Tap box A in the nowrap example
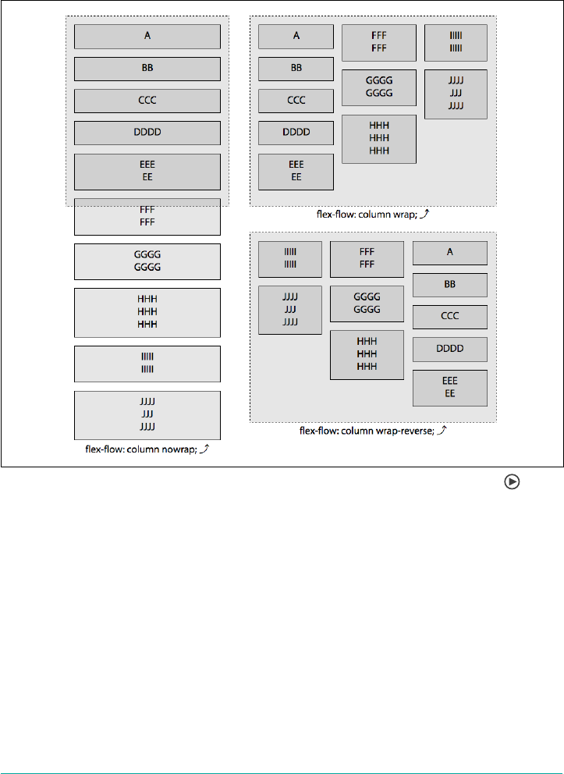coord(147,36)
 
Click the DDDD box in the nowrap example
coord(147,133)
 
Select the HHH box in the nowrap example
coord(147,313)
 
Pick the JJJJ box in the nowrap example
coord(147,415)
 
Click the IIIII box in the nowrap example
coord(147,361)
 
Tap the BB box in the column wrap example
coord(296,69)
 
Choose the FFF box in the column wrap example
coord(378,42)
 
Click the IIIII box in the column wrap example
coord(456,42)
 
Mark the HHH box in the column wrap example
coord(378,139)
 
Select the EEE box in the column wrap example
coord(296,172)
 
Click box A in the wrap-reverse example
coord(449,253)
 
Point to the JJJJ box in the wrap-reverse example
coord(289,311)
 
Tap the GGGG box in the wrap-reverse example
coord(367,304)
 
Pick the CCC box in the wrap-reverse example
coord(449,317)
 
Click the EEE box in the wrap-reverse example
coord(449,388)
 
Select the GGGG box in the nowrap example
coord(147,261)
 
